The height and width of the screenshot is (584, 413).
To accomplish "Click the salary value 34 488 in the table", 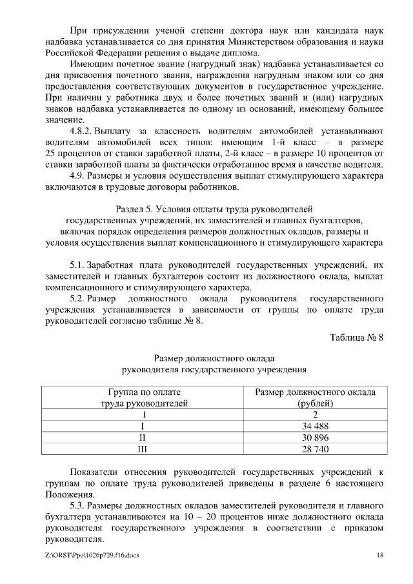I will [x=316, y=427].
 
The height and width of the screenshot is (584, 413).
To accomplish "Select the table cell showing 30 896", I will [x=316, y=438].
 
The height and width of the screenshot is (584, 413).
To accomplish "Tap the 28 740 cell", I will [x=316, y=448].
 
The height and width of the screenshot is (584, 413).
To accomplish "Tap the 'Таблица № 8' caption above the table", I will [x=357, y=339].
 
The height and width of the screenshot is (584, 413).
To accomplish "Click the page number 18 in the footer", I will [x=380, y=556].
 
